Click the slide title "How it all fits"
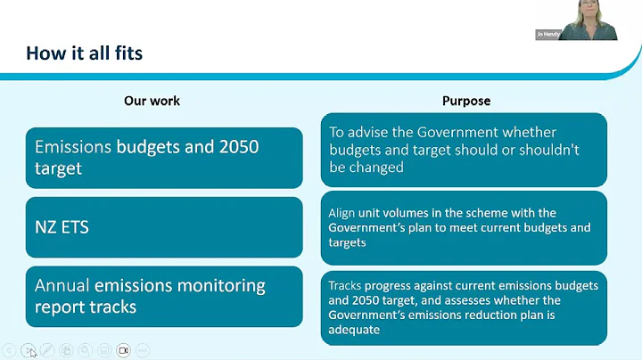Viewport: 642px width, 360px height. tap(84, 53)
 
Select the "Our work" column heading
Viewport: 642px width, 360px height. tap(152, 101)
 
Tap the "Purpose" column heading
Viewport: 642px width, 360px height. tap(466, 101)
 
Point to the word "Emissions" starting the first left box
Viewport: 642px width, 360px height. tap(73, 147)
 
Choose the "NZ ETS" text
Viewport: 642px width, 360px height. tap(62, 227)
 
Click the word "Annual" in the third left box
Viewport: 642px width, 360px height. tap(62, 286)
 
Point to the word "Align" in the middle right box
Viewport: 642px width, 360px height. tap(342, 213)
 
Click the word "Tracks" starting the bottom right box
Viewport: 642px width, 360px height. tap(344, 285)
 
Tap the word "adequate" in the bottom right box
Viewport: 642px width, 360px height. tap(354, 330)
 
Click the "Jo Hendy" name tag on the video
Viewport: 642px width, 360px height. tap(547, 35)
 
